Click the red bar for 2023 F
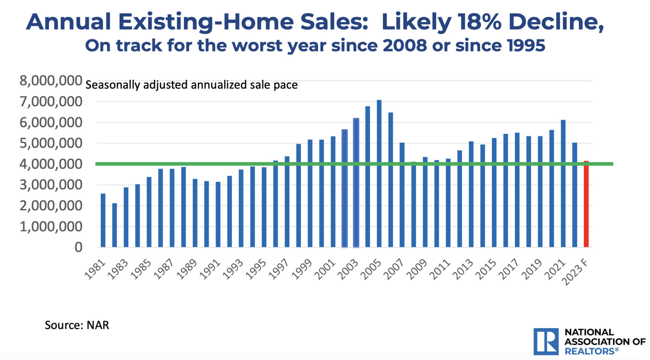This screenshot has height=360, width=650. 586,205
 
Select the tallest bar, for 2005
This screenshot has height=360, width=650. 379,175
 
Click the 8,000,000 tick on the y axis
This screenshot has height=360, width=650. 51,81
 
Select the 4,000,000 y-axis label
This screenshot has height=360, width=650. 51,164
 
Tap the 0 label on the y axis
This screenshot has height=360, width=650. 78,247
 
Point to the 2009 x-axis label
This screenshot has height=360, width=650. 417,269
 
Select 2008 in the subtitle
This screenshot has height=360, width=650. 405,45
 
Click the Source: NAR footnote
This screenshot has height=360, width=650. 77,325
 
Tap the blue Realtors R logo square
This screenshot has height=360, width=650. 546,341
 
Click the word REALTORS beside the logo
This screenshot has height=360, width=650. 590,351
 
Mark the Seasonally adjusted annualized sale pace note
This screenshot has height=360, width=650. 191,85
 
